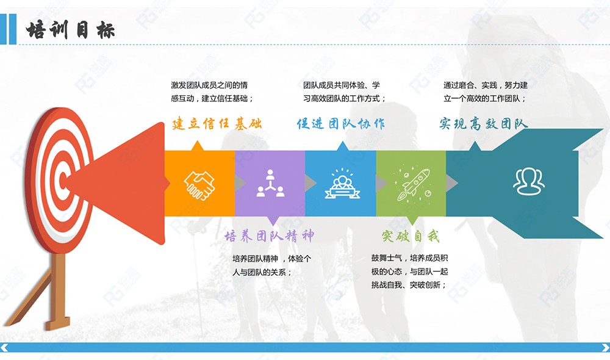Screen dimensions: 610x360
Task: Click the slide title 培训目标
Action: tap(70, 30)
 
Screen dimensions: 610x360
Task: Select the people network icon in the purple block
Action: tap(270, 183)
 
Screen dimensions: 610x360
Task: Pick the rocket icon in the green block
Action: tap(412, 184)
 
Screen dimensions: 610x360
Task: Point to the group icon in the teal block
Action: tap(529, 181)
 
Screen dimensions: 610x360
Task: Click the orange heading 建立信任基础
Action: tap(217, 124)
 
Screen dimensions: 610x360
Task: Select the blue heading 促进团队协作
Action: tap(341, 124)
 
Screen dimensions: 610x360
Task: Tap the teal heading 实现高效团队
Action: tap(484, 124)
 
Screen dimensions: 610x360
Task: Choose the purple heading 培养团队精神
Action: tap(269, 236)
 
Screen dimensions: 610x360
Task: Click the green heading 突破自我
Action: tap(411, 236)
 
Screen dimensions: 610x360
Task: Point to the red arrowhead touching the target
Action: tap(117, 183)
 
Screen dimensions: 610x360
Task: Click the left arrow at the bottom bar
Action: tap(4, 348)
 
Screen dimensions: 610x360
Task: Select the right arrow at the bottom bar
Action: tap(605, 348)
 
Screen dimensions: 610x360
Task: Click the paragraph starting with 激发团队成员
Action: tap(212, 92)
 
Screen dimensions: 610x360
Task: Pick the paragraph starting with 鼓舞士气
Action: tap(410, 272)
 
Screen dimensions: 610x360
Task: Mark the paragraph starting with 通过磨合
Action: tap(486, 92)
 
